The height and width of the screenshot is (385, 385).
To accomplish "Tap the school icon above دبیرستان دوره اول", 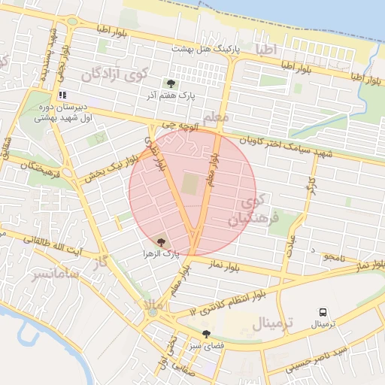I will click(62, 95).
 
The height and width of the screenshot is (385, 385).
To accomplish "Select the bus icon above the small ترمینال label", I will click(323, 312).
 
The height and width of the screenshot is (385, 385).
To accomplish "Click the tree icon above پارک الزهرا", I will click(160, 242).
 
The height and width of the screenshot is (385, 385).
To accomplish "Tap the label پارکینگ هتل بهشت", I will click(204, 47).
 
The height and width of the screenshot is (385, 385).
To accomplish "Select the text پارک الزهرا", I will click(161, 255).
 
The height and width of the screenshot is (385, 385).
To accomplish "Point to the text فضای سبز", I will click(207, 346).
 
